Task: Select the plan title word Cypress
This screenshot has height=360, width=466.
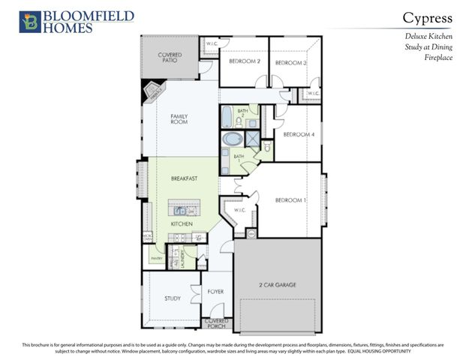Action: click(x=428, y=17)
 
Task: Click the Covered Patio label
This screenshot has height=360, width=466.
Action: click(x=170, y=58)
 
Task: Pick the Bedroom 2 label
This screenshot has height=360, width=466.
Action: click(x=244, y=61)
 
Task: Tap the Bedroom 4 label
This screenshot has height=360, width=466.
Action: click(x=298, y=134)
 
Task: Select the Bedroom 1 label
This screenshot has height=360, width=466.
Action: click(x=290, y=200)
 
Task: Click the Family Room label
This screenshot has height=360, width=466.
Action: click(x=179, y=119)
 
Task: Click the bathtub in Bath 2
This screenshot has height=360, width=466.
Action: click(x=227, y=118)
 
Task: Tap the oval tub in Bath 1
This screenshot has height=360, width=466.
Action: click(x=233, y=139)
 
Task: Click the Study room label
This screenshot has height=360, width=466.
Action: click(x=173, y=298)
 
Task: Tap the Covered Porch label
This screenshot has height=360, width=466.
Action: click(x=218, y=323)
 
